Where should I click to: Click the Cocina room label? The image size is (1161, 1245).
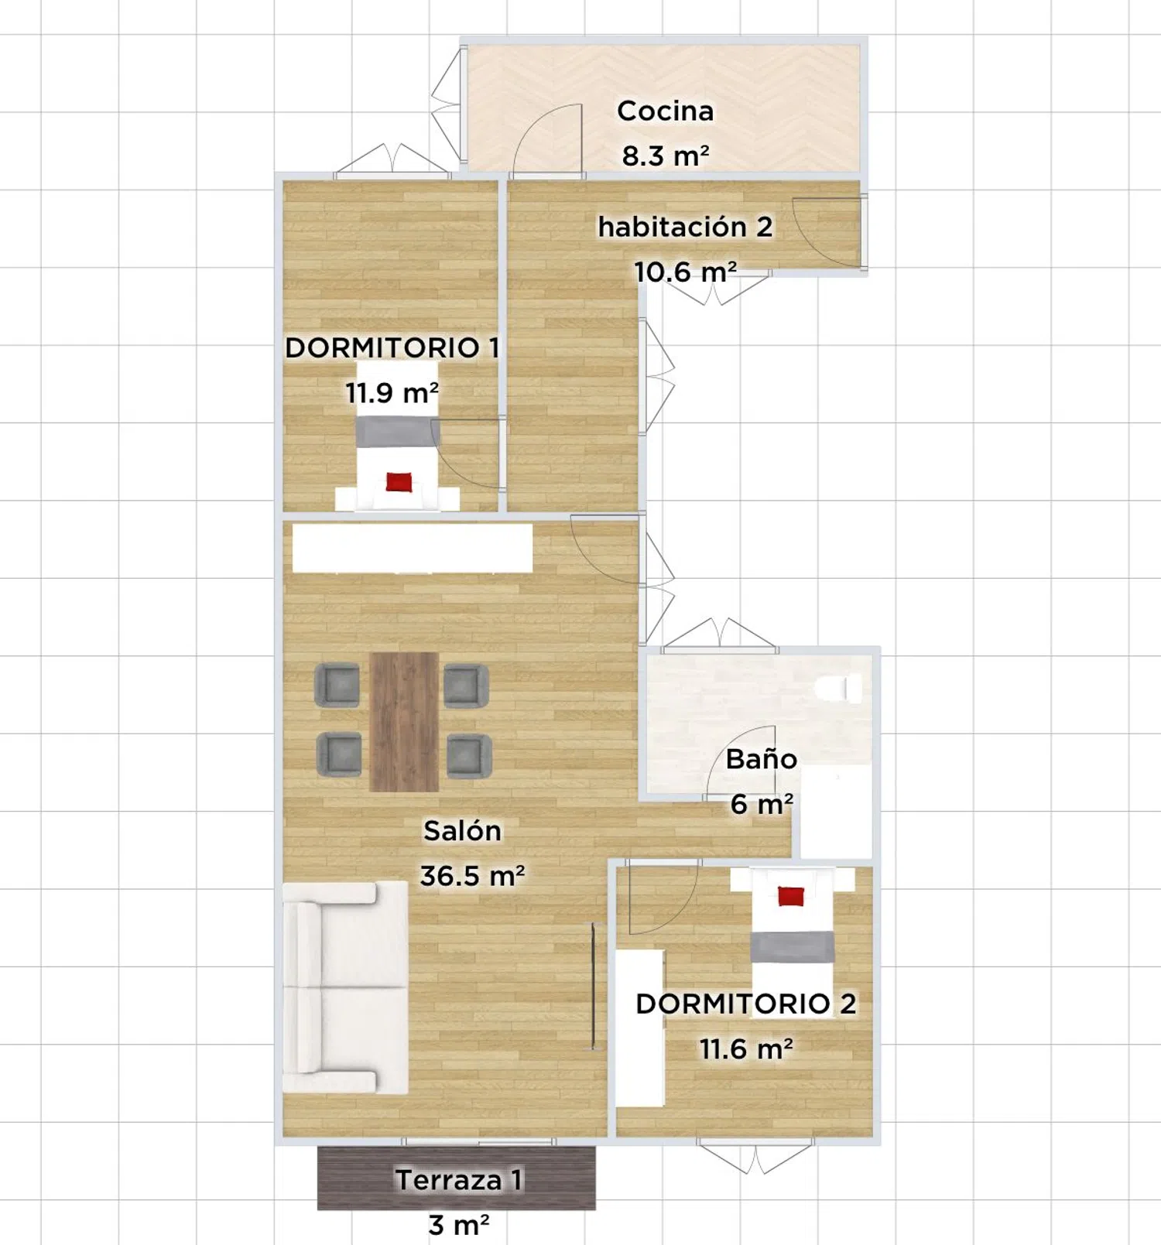(665, 111)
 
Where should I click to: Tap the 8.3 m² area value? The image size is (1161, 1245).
(666, 156)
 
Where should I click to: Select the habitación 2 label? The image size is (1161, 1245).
(685, 227)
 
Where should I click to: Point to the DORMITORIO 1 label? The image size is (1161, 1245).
(392, 347)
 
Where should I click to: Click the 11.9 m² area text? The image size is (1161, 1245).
(392, 392)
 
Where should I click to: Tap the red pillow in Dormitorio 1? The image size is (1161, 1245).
(399, 482)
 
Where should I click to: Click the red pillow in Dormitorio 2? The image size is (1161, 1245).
(791, 896)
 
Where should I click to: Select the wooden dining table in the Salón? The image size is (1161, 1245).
(404, 721)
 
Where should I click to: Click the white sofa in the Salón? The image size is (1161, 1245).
(345, 988)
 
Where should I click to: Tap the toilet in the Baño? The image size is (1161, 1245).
(839, 688)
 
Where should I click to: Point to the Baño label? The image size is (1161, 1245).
(761, 759)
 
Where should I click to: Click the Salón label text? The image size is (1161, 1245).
(462, 830)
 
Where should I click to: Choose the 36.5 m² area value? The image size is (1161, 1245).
(472, 876)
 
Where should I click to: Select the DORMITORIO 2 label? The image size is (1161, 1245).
(746, 1004)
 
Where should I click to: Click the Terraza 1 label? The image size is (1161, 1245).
(459, 1180)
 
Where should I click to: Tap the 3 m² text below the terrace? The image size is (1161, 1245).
(459, 1225)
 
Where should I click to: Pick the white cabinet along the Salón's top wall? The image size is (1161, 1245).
(413, 549)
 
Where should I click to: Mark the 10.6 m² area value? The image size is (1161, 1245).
(685, 272)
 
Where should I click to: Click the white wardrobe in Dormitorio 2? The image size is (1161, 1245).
(640, 1028)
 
